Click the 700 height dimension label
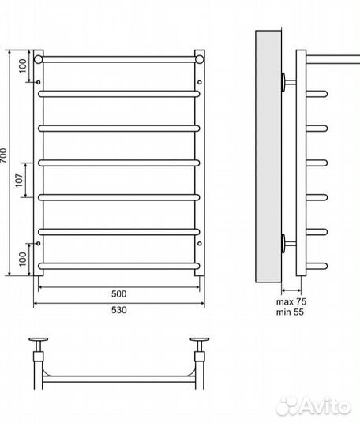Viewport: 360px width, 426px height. [x=3, y=155]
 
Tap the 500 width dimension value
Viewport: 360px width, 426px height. [x=119, y=294]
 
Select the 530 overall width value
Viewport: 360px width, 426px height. [x=119, y=310]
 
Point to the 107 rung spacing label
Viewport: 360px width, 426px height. [x=19, y=180]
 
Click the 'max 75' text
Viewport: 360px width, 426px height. [x=291, y=301]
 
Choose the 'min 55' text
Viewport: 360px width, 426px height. [x=290, y=312]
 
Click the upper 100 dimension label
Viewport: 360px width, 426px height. [x=23, y=66]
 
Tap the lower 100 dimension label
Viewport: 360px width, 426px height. [x=23, y=260]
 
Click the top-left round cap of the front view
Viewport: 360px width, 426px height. [x=39, y=59]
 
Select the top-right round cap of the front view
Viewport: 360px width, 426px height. [x=200, y=59]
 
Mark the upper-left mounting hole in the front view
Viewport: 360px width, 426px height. [x=39, y=82]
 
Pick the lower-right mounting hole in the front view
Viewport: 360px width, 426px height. [x=200, y=244]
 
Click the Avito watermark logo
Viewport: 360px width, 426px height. [x=313, y=406]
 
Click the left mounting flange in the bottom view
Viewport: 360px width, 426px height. [x=39, y=339]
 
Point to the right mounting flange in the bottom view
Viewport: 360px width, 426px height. [x=200, y=339]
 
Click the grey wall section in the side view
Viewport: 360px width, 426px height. [x=268, y=157]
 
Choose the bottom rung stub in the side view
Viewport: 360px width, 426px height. [x=317, y=266]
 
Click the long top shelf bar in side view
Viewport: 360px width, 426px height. [x=333, y=59]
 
